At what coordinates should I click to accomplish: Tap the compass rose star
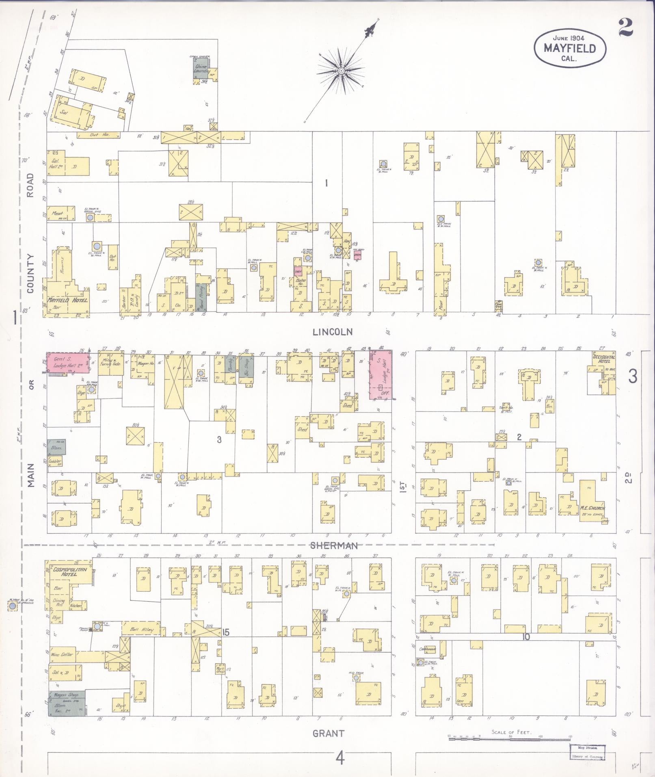pos(342,71)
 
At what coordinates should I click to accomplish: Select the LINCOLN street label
pos(333,332)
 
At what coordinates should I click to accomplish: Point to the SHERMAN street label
pos(334,545)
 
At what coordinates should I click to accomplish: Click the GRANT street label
pos(329,733)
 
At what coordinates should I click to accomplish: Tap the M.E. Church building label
pos(592,508)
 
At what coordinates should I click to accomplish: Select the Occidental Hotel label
pos(604,359)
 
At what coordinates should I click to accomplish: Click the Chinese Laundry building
pos(201,69)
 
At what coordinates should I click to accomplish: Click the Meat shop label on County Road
pos(58,213)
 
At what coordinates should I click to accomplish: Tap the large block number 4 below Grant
pos(340,758)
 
